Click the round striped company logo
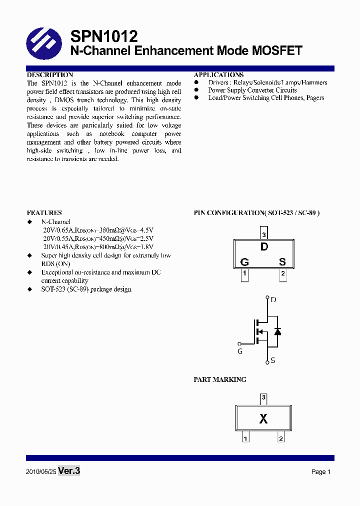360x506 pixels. pyautogui.click(x=44, y=43)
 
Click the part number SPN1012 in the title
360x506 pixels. pyautogui.click(x=104, y=36)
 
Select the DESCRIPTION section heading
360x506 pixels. pyautogui.click(x=50, y=75)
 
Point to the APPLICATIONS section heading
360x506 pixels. pyautogui.click(x=219, y=75)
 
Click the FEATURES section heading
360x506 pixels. pyautogui.click(x=44, y=213)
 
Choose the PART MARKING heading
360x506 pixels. pyautogui.click(x=220, y=379)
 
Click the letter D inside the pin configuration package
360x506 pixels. pyautogui.click(x=264, y=246)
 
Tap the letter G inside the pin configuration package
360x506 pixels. pyautogui.click(x=244, y=262)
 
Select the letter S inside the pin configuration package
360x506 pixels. pyautogui.click(x=282, y=262)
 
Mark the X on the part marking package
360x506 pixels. pyautogui.click(x=263, y=419)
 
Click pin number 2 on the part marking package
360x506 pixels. pyautogui.click(x=281, y=438)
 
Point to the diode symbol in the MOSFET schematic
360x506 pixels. pyautogui.click(x=277, y=331)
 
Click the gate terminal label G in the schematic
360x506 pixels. pyautogui.click(x=240, y=351)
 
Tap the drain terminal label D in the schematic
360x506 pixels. pyautogui.click(x=273, y=300)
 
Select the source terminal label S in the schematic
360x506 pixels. pyautogui.click(x=273, y=360)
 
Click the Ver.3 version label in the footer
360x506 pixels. pyautogui.click(x=69, y=471)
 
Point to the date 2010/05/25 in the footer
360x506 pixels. pyautogui.click(x=40, y=472)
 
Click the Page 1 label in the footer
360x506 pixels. pyautogui.click(x=321, y=472)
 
